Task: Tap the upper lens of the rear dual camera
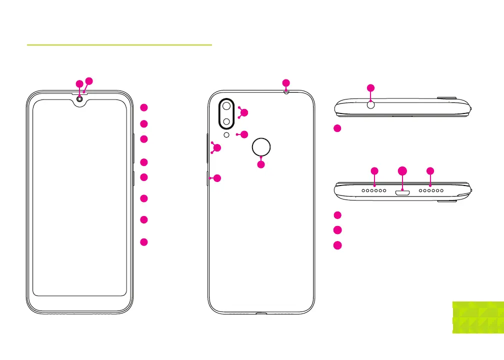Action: coord(227,106)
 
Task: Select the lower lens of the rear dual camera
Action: coord(227,122)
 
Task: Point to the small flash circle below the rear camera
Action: coord(227,134)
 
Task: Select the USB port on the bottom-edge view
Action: coord(402,191)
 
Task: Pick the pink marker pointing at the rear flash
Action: coord(244,134)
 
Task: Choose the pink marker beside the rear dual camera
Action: coord(244,113)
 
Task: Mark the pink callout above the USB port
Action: coord(403,171)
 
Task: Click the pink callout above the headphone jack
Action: coord(370,88)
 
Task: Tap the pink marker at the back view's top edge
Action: coord(285,82)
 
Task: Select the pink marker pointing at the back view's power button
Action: coord(217,178)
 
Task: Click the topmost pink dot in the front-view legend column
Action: coord(143,107)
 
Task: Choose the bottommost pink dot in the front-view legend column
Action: coord(143,242)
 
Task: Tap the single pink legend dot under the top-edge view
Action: coord(337,128)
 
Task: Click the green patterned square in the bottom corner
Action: coord(477,317)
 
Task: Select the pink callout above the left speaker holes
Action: coord(375,171)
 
